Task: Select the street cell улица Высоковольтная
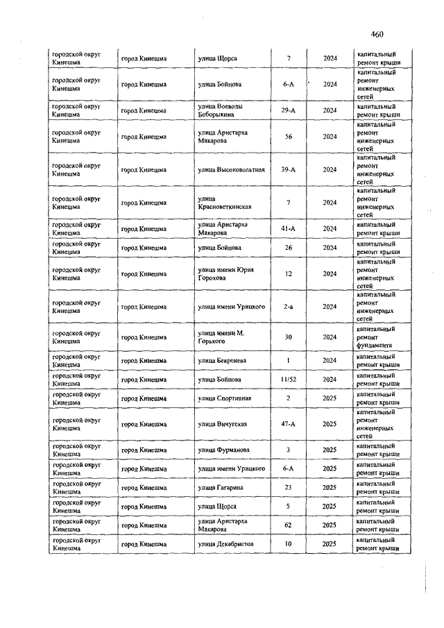pyautogui.click(x=231, y=169)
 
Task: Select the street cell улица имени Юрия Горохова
pyautogui.click(x=226, y=273)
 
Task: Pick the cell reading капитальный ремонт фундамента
pyautogui.click(x=377, y=337)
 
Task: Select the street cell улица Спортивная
pyautogui.click(x=224, y=398)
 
